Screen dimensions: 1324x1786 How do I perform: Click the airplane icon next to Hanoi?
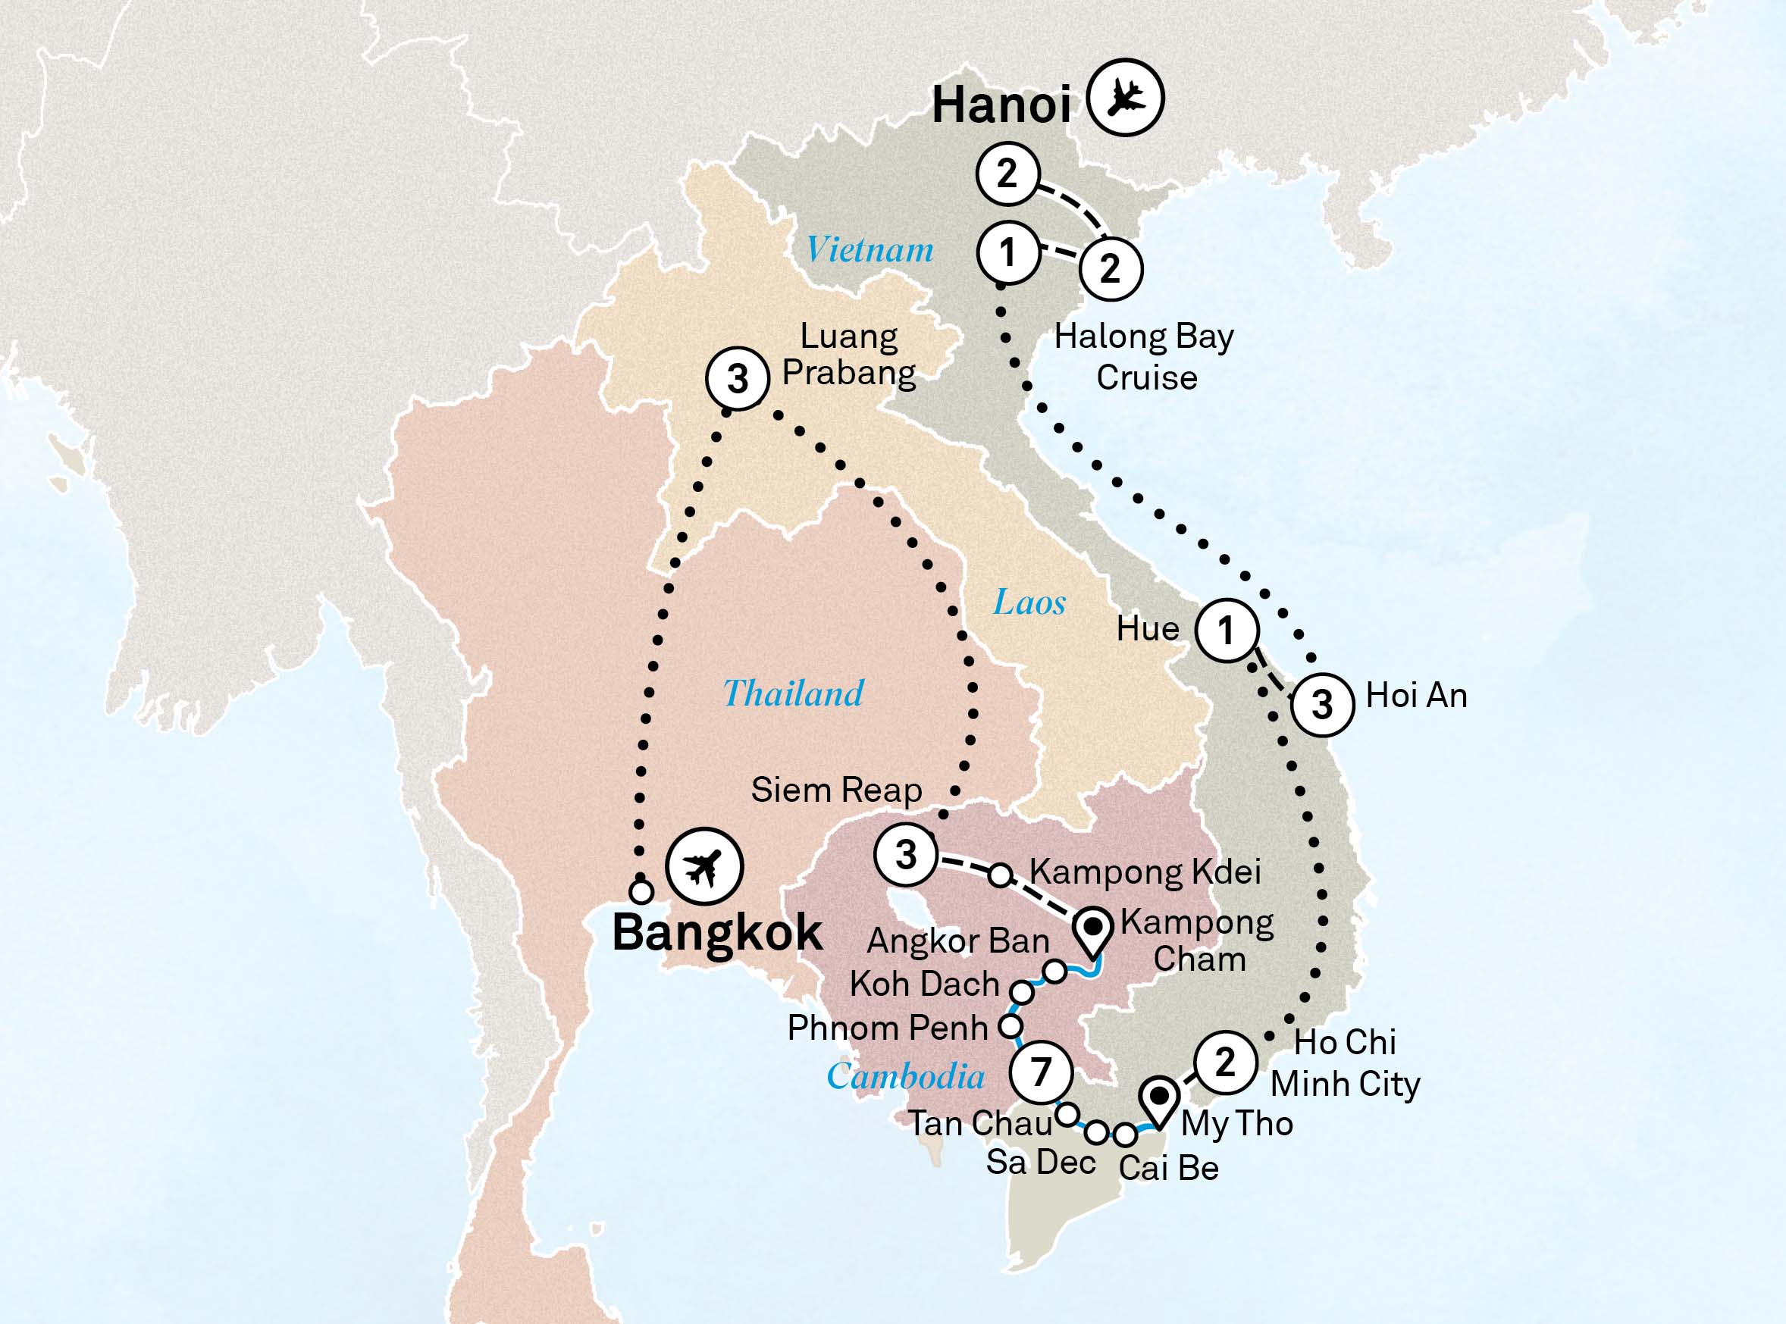point(1126,97)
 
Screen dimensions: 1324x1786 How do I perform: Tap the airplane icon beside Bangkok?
point(704,866)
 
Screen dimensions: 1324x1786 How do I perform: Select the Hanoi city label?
point(1001,105)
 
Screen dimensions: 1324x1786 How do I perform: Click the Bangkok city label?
point(716,933)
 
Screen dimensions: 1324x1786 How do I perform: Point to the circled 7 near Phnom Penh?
point(1041,1072)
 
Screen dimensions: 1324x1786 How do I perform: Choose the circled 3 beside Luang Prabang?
point(738,378)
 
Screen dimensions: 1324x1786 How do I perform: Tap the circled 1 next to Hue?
point(1227,631)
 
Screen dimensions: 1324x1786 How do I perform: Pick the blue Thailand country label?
point(793,693)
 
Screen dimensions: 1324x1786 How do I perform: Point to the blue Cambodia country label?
point(905,1076)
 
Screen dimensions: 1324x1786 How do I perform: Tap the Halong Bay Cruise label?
point(1144,357)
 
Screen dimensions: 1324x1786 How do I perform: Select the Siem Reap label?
point(836,790)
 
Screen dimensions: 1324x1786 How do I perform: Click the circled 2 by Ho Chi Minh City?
point(1225,1063)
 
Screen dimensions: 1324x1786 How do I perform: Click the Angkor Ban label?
point(958,941)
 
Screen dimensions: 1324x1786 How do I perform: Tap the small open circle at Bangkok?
point(641,890)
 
